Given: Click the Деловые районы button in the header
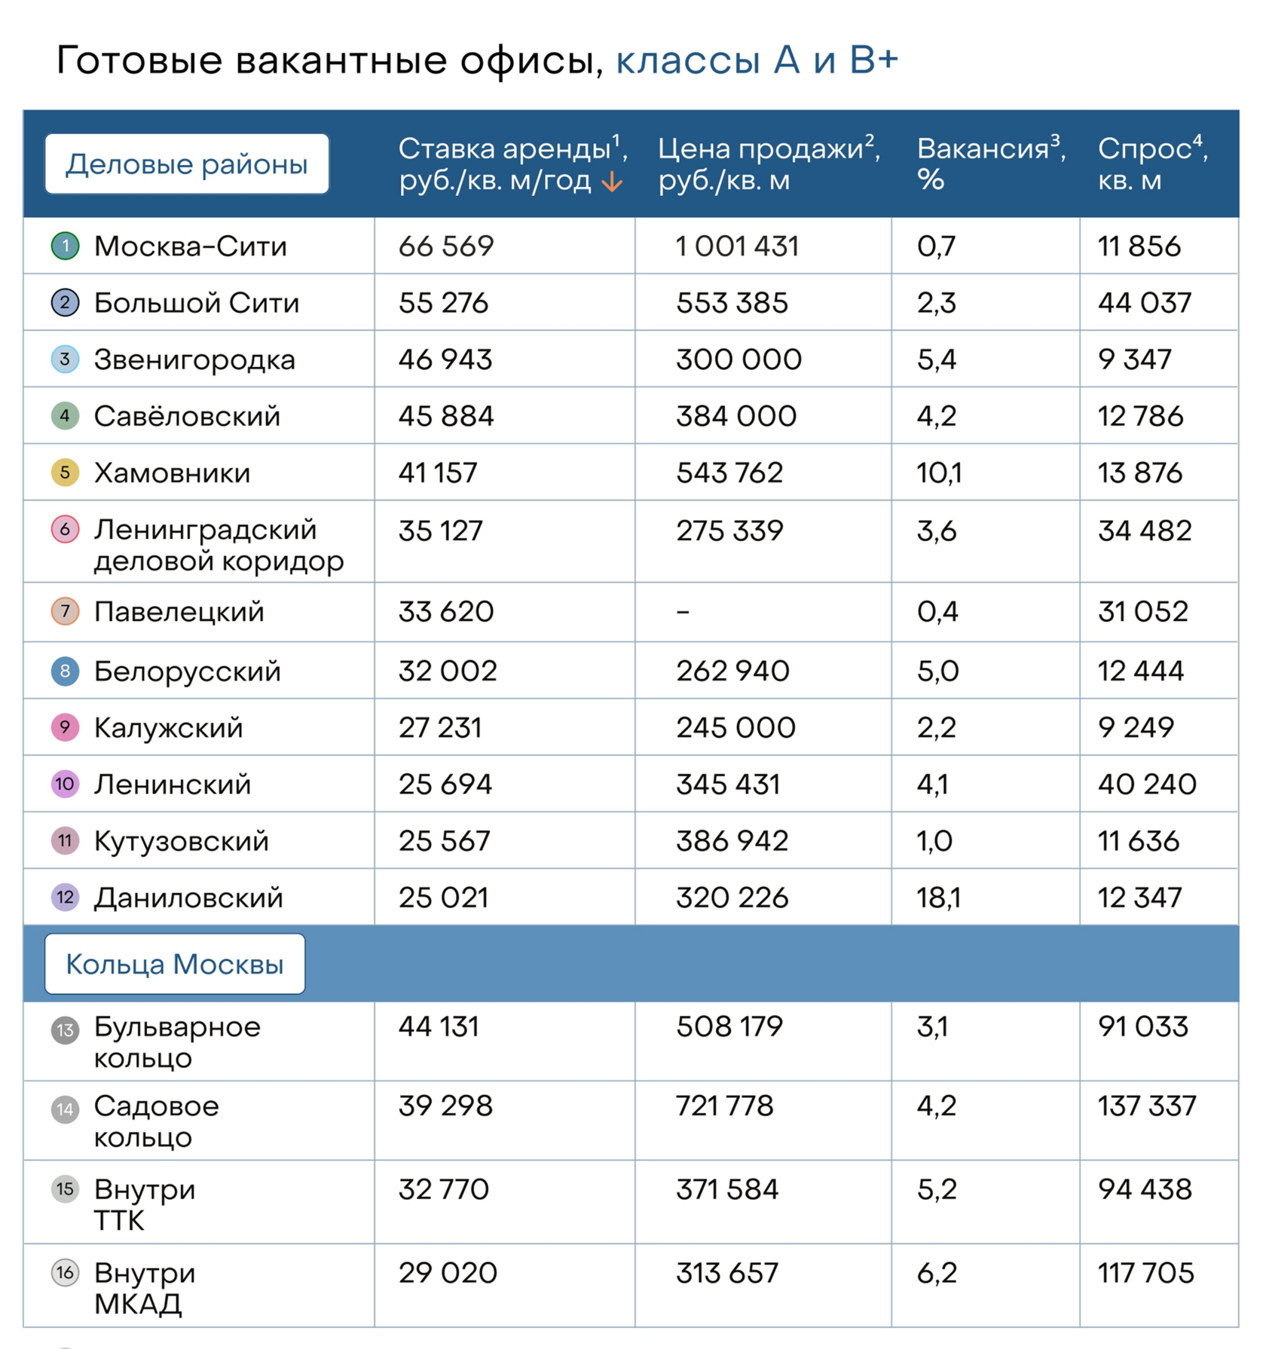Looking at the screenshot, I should (187, 164).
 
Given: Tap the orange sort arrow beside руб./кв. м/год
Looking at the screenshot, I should (612, 182).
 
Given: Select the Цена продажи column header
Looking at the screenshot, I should (769, 164).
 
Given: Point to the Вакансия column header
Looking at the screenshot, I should (990, 164).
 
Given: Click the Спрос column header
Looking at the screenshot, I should (1152, 164).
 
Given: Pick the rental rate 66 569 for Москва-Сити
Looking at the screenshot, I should (446, 246).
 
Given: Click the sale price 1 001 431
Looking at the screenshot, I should (737, 246).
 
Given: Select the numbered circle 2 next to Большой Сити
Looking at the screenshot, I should (66, 303).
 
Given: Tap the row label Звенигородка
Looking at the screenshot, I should (194, 360).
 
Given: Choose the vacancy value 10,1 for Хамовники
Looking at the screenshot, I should (939, 473).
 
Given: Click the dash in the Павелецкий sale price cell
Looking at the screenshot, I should (683, 612).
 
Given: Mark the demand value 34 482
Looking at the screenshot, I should (1145, 531).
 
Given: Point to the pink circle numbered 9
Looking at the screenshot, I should (66, 728).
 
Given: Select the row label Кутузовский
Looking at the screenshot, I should (181, 841).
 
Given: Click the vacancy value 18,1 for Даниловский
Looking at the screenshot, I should (939, 898).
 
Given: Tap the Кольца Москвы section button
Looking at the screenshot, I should (175, 964).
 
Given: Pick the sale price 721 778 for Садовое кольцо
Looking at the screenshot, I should (725, 1106).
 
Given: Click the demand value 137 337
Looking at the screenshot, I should (1147, 1106).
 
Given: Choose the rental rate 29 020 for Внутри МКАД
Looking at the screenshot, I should (448, 1273).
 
